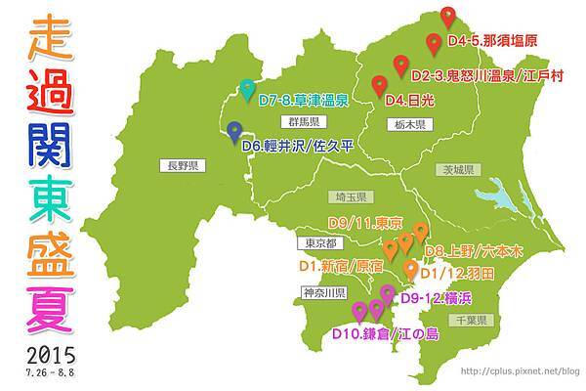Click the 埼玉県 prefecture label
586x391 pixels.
pyautogui.click(x=348, y=195)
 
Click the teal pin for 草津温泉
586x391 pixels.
pyautogui.click(x=247, y=88)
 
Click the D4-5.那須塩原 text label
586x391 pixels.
pyautogui.click(x=491, y=43)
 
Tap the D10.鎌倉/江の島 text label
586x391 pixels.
pyautogui.click(x=385, y=334)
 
